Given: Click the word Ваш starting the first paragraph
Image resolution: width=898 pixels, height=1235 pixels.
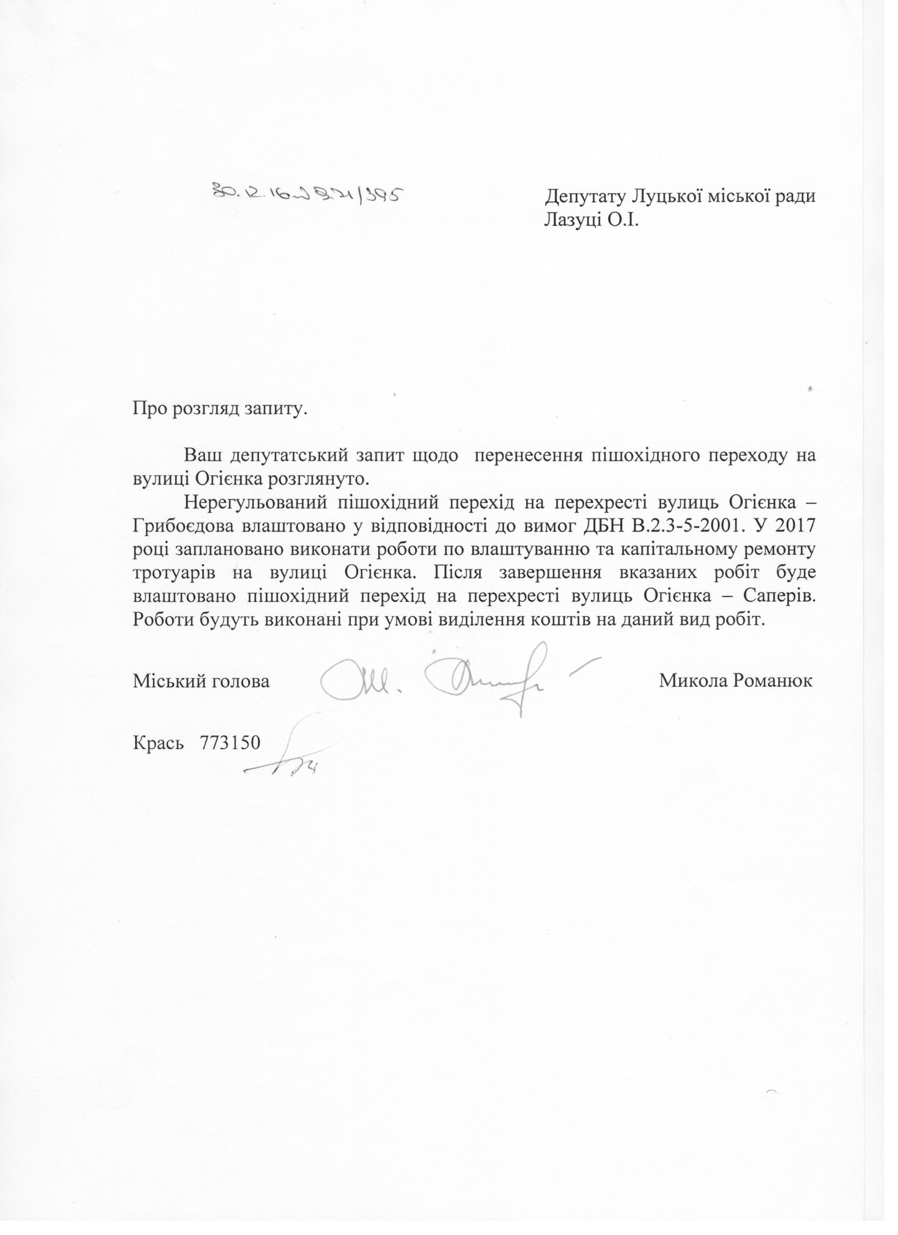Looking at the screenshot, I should coord(203,454).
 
